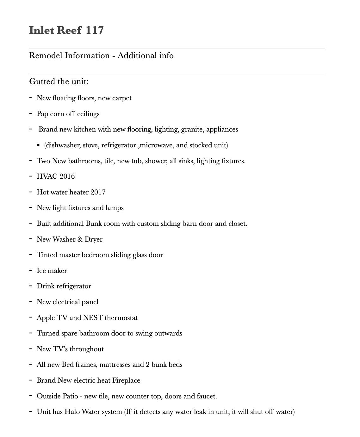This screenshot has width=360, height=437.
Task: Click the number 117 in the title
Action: coord(95,30)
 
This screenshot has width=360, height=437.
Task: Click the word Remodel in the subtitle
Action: coord(46,56)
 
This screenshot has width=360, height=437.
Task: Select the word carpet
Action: coord(122,98)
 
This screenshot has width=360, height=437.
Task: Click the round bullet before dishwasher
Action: coord(39,145)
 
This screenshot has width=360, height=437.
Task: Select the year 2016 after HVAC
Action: coord(67,176)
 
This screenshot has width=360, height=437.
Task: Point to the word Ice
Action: coord(41,271)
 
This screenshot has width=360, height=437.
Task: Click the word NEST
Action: coord(93,318)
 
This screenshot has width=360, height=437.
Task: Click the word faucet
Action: coord(207,396)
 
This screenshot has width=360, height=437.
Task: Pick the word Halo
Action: coord(72,412)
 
